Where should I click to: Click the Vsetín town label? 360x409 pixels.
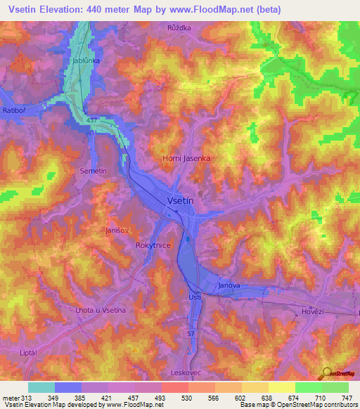click(x=181, y=200)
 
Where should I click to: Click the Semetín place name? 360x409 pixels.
click(x=93, y=171)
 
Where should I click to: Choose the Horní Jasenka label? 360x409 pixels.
click(x=186, y=159)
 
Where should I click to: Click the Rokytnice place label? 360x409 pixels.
click(x=151, y=245)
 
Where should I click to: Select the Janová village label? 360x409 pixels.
click(x=229, y=285)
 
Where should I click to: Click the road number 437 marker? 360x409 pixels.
click(x=91, y=120)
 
